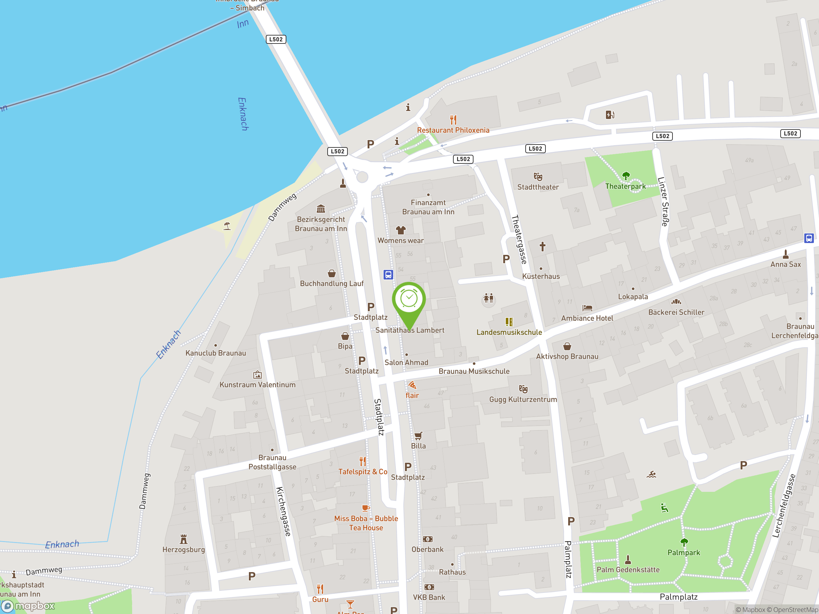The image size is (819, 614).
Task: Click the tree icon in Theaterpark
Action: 625,176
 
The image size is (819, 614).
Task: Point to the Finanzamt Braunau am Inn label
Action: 428,207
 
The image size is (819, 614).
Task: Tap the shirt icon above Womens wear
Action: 401,230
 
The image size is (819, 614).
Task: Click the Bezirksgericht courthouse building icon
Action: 321,209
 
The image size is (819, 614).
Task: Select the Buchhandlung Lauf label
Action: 331,284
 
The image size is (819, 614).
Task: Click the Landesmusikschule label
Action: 509,332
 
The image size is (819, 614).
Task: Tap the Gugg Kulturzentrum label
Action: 523,399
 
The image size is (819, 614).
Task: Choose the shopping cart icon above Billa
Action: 418,436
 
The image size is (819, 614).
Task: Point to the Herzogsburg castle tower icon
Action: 183,539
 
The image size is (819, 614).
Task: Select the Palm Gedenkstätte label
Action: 628,570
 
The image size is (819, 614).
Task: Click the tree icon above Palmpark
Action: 684,542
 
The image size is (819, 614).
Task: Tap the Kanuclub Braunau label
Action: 216,353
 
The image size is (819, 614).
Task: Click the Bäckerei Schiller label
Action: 676,312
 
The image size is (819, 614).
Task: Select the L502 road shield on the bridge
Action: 276,39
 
